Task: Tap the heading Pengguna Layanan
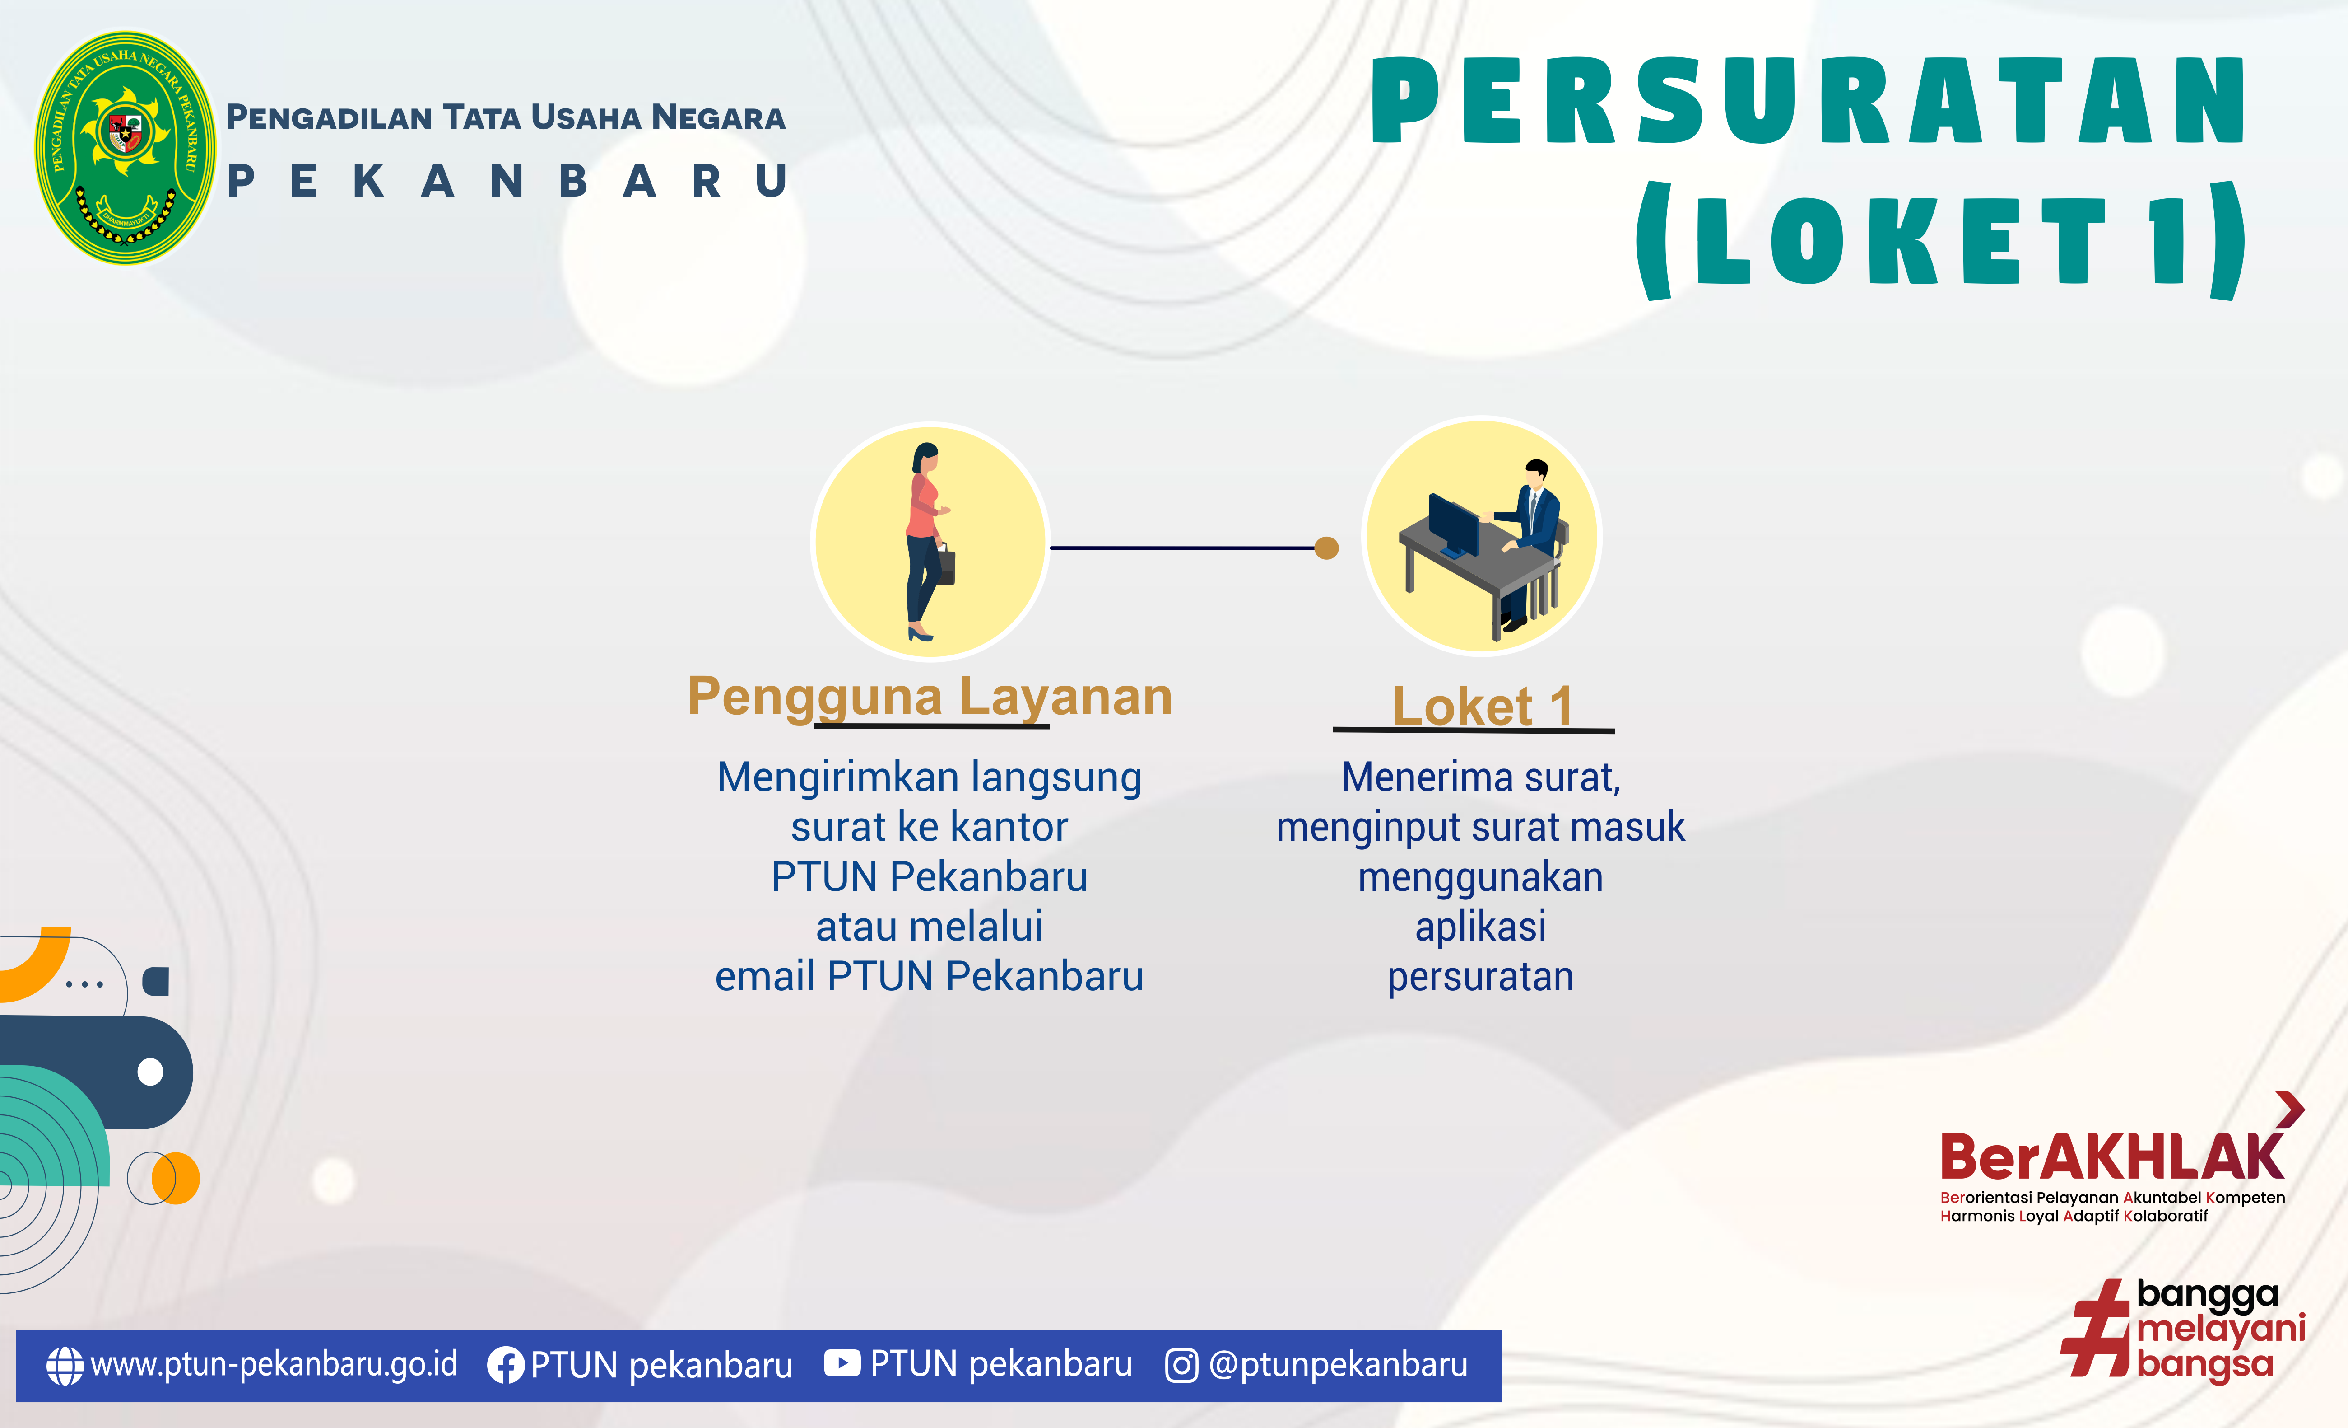click(930, 697)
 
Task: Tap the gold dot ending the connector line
click(1326, 548)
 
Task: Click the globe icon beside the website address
click(65, 1365)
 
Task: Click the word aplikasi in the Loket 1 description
click(1481, 927)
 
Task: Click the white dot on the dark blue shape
click(151, 1072)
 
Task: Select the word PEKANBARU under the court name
click(507, 180)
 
